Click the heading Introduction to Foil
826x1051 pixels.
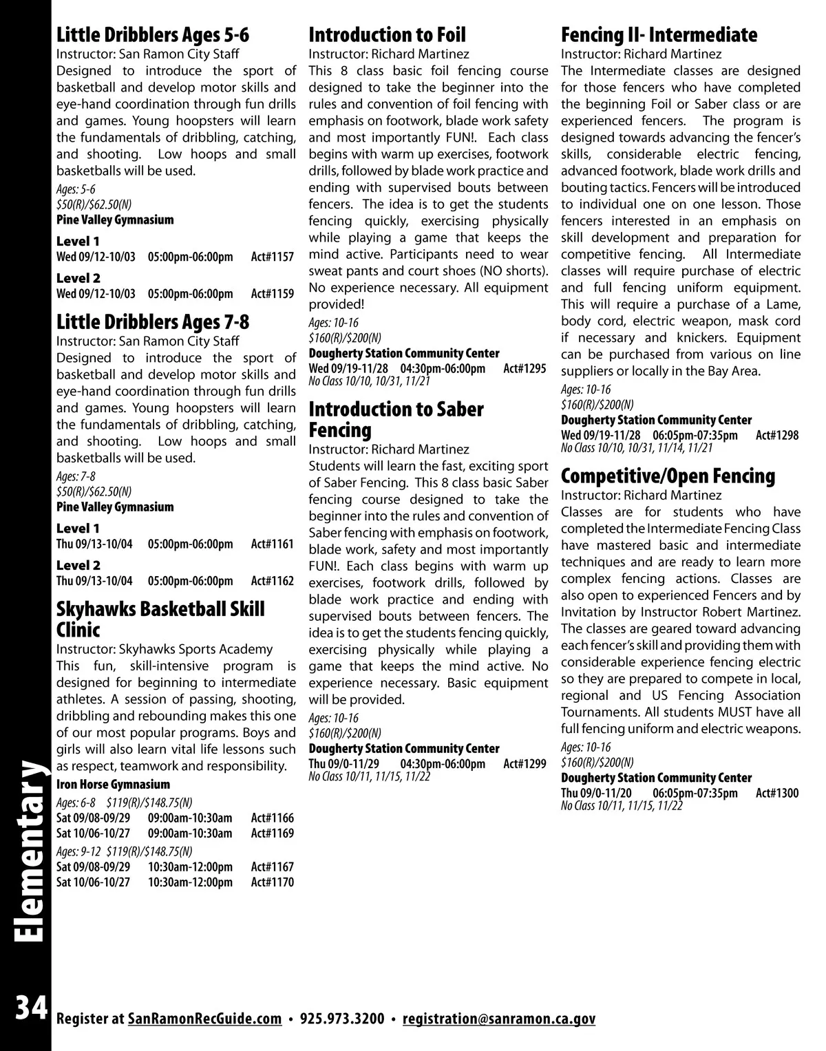387,35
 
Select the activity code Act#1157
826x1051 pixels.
272,257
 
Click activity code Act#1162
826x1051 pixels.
272,582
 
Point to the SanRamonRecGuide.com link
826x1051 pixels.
205,1019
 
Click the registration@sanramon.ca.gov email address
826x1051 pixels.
498,1019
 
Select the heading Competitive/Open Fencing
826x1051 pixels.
668,476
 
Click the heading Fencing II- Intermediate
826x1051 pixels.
659,35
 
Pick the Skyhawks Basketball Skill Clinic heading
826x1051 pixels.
160,619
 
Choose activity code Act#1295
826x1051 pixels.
525,369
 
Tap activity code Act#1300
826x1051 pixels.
777,794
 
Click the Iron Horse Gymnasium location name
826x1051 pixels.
113,785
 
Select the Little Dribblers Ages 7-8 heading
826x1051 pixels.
152,322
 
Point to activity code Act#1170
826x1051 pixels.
272,882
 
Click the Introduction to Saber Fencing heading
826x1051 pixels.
396,420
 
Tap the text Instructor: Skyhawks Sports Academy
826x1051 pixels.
164,649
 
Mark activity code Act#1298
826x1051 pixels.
777,436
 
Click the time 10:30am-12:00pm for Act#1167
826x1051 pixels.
190,867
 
